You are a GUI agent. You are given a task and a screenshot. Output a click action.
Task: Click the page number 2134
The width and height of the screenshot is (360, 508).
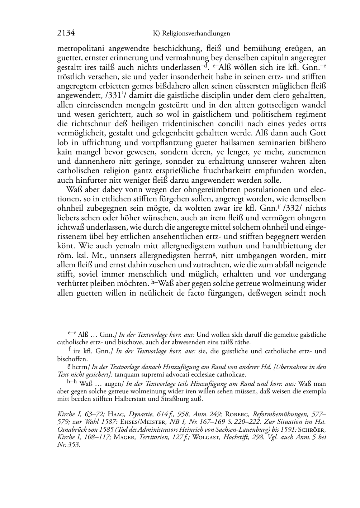point(66,33)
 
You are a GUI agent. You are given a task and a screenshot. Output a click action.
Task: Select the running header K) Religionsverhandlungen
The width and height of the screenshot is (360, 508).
point(191,34)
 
